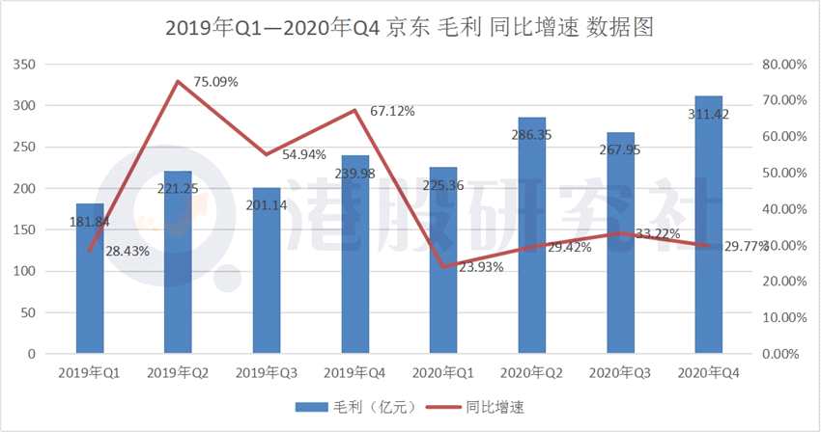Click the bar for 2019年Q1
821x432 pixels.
[x=90, y=280]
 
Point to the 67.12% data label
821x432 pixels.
[x=392, y=111]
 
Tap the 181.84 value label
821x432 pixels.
[x=91, y=222]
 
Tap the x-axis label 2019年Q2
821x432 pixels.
[x=178, y=372]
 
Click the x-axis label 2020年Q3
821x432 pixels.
[x=619, y=372]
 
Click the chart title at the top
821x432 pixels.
[x=410, y=28]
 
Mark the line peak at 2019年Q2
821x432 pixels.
[x=178, y=82]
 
